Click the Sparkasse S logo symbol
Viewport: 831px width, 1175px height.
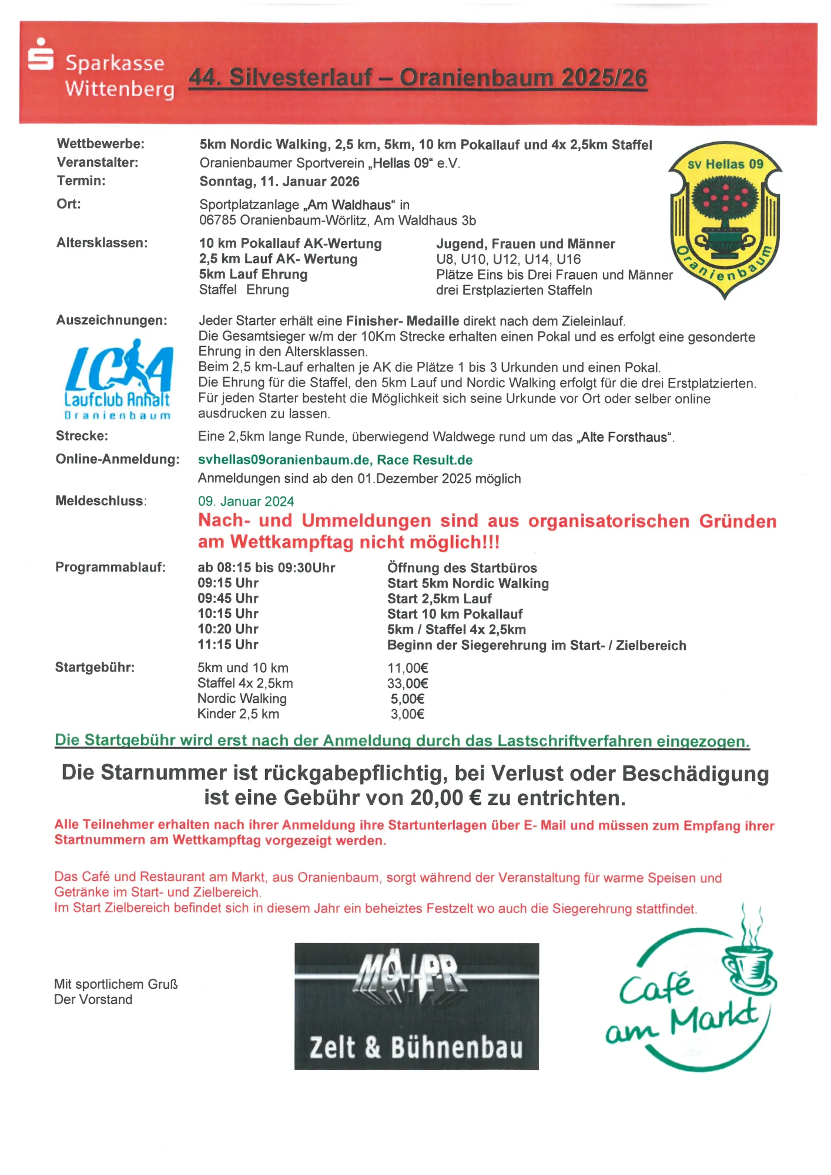[41, 55]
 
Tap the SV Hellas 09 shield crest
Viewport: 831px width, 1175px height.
[726, 219]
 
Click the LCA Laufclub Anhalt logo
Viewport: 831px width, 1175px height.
[118, 378]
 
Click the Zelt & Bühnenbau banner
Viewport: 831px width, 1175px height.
[416, 1006]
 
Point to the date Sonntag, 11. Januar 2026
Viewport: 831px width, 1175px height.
[279, 182]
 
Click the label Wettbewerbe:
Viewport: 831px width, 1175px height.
[100, 144]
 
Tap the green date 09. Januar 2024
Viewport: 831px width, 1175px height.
[246, 501]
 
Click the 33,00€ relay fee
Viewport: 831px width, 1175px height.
[407, 683]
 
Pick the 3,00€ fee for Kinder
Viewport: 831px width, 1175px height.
[407, 714]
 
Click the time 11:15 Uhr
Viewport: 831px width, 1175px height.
[228, 644]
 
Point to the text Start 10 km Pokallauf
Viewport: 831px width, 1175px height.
[454, 614]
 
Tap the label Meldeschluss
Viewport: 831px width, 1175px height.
[100, 501]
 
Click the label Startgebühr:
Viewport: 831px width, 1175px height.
[95, 667]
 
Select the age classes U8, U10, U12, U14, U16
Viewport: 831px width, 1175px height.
[508, 259]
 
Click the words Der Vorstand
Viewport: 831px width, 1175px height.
[93, 999]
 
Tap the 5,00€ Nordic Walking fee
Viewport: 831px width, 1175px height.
[407, 699]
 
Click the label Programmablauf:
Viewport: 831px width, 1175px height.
[110, 568]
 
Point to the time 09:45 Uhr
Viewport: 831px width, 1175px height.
[228, 598]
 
